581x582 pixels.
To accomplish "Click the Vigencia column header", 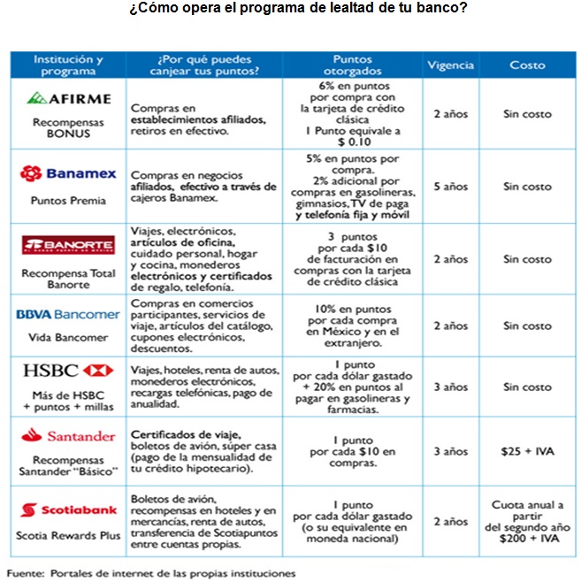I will pyautogui.click(x=450, y=65).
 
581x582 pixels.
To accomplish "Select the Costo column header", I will pyautogui.click(x=527, y=65).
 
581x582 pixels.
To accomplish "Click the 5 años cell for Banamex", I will pyautogui.click(x=450, y=187).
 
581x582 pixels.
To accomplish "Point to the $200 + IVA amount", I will pyautogui.click(x=527, y=537).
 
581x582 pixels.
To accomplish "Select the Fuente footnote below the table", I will pyautogui.click(x=150, y=573).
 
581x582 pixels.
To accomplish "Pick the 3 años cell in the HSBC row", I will pyautogui.click(x=450, y=387).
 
